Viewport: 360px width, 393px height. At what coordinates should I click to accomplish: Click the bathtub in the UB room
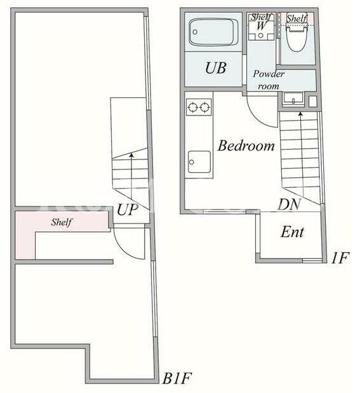(213, 32)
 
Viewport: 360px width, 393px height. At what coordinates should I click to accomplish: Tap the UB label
(216, 68)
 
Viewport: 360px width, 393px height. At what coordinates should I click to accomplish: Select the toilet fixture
(297, 37)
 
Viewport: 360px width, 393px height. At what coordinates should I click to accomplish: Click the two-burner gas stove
(199, 107)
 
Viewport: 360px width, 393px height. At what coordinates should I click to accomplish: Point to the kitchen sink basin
(199, 162)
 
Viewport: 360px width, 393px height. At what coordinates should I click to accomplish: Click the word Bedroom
(246, 145)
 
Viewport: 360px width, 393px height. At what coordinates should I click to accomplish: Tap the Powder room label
(269, 80)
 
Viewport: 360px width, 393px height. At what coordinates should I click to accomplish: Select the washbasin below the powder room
(293, 98)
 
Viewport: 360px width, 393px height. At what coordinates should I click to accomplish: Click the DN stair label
(289, 204)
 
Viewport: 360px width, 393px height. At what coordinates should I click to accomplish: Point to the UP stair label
(128, 210)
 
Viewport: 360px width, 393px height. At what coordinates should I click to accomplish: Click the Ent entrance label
(292, 232)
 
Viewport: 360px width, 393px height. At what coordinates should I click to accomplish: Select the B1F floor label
(177, 378)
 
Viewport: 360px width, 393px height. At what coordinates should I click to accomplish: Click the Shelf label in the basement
(62, 222)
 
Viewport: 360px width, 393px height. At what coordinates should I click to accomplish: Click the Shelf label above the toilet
(297, 18)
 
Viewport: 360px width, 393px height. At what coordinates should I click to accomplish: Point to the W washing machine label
(261, 25)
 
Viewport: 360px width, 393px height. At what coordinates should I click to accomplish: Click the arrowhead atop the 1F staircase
(300, 114)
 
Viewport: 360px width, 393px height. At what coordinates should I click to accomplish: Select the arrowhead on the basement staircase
(131, 156)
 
